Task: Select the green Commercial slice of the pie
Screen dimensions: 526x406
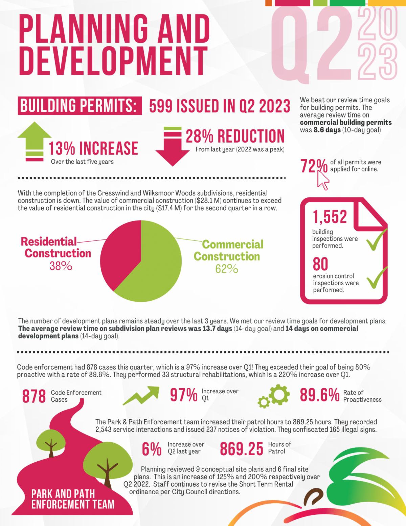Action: pos(152,268)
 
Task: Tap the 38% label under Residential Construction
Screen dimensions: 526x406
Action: pos(61,266)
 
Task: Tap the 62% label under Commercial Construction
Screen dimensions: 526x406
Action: pos(227,269)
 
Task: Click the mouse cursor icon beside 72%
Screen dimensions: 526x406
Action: pos(323,181)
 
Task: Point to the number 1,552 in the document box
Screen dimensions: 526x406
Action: pos(330,217)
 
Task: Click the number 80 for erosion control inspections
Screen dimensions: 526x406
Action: pos(320,264)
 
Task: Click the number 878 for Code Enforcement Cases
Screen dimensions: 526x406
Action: pos(34,396)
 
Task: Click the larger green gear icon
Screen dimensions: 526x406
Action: pos(279,394)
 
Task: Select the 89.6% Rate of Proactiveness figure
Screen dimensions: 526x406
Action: pos(320,395)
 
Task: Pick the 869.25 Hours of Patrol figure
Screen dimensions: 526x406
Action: pos(242,449)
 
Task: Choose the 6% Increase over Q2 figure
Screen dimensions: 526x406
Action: pos(152,449)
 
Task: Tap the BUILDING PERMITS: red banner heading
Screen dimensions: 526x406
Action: pos(79,106)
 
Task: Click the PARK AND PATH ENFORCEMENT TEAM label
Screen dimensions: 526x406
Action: pos(73,499)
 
